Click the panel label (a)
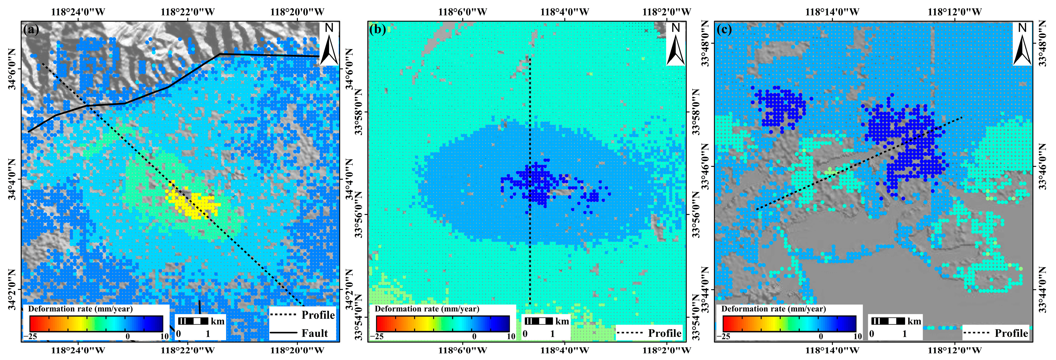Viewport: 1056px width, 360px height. pos(31,30)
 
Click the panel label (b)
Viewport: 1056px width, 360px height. pos(377,30)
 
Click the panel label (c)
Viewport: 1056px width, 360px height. pos(724,30)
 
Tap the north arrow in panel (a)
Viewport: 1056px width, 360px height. pos(329,44)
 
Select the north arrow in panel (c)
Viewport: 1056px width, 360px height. pos(1022,44)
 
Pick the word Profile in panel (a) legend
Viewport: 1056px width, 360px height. pos(318,315)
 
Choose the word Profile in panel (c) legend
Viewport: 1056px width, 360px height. pos(1011,333)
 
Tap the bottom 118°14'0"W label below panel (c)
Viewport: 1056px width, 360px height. pos(832,350)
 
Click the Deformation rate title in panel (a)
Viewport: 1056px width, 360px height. pos(80,309)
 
